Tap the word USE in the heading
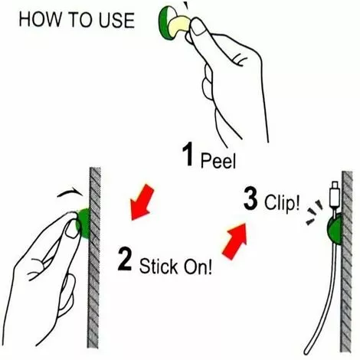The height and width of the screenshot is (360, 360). tap(116, 20)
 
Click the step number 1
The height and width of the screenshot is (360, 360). tap(188, 154)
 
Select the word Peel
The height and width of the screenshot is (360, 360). tap(218, 160)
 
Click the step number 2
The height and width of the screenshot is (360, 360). tap(125, 259)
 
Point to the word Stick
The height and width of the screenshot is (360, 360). tap(159, 266)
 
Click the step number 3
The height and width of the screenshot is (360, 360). tap(250, 198)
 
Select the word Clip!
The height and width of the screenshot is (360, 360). tap(282, 203)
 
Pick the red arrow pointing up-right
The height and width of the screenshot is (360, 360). tap(235, 241)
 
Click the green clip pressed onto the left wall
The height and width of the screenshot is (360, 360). tap(83, 223)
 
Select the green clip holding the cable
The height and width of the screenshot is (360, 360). tap(335, 229)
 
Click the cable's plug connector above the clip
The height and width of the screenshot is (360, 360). tap(335, 195)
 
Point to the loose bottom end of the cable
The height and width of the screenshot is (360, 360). tap(306, 351)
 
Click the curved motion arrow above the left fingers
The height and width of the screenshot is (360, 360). tap(70, 192)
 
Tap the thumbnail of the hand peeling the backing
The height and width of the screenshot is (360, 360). tap(199, 27)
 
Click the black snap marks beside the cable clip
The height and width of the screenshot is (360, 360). tap(315, 213)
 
